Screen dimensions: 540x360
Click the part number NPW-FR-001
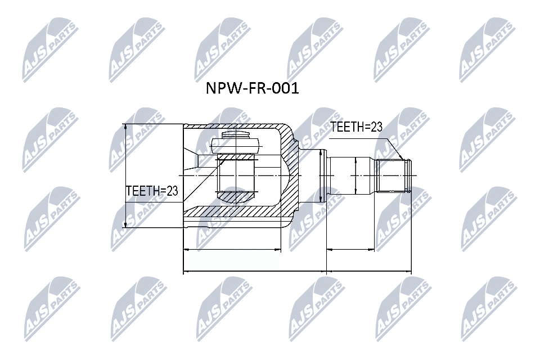click(253, 88)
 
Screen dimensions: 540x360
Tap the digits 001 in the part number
click(285, 88)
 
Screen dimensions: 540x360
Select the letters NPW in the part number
click(222, 88)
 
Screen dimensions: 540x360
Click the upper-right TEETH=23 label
click(357, 127)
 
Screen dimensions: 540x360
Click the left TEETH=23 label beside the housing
click(152, 191)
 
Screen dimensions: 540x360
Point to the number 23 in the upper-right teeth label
click(376, 127)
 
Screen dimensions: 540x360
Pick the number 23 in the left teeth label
click(172, 191)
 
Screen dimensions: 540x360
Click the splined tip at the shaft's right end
click(393, 175)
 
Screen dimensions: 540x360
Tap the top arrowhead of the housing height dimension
click(125, 127)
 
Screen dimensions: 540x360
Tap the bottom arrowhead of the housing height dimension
click(125, 224)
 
